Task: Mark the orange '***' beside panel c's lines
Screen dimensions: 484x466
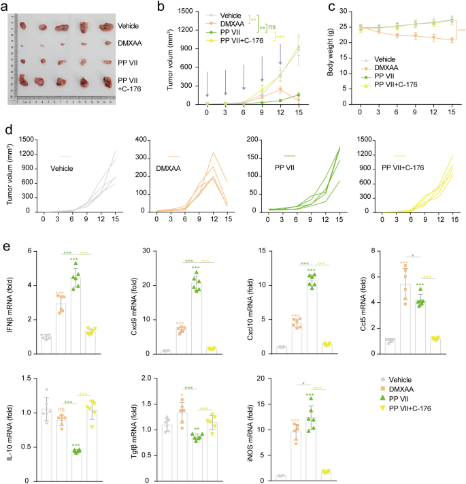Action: [x=461, y=31]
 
